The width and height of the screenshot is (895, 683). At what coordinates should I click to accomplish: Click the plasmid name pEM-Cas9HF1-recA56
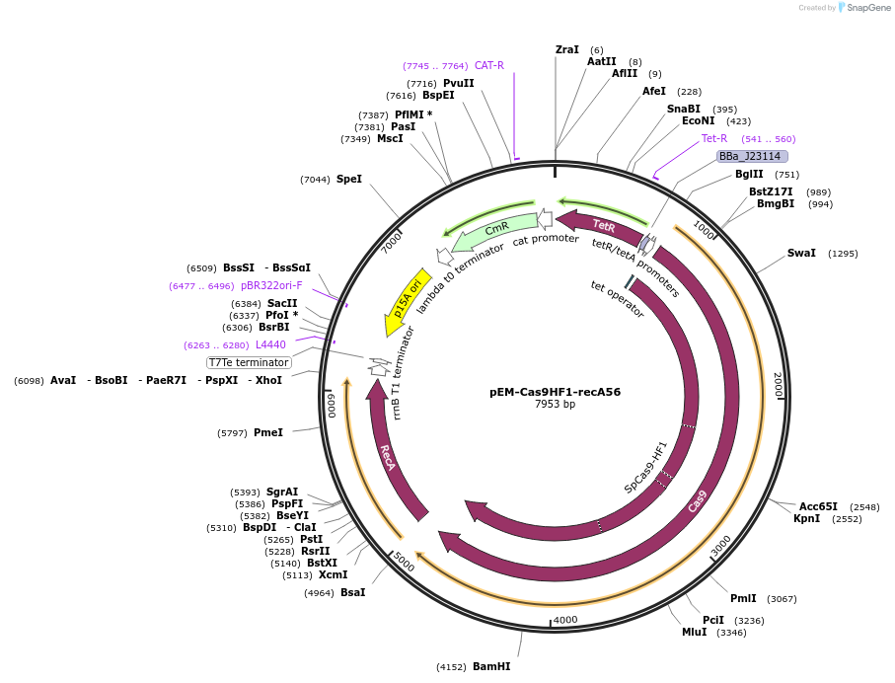tap(555, 391)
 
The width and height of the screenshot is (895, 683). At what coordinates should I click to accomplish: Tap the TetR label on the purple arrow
tap(604, 226)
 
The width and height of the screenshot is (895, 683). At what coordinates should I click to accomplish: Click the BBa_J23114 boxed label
tap(751, 156)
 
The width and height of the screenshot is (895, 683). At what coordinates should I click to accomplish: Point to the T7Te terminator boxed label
tap(249, 362)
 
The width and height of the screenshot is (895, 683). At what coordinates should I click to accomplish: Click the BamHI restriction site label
tap(491, 666)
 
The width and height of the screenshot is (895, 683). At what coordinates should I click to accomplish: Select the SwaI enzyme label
tap(801, 253)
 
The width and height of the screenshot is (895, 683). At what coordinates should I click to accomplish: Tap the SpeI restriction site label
tap(349, 179)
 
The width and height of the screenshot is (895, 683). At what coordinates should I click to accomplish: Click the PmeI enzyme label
tap(268, 432)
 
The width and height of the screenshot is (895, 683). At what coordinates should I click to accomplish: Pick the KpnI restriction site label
tap(806, 518)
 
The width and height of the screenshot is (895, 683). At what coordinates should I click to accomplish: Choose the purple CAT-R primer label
tap(489, 65)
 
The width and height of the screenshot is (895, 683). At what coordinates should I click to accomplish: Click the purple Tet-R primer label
tap(714, 138)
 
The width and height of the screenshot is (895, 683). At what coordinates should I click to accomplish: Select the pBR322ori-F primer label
tap(271, 285)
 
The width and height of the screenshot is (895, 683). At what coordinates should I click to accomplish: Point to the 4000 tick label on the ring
tap(564, 620)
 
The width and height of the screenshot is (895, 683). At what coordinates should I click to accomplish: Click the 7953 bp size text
tap(555, 405)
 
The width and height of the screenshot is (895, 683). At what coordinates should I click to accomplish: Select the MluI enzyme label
tap(695, 632)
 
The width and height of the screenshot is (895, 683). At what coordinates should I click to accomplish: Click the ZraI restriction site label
tap(567, 49)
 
